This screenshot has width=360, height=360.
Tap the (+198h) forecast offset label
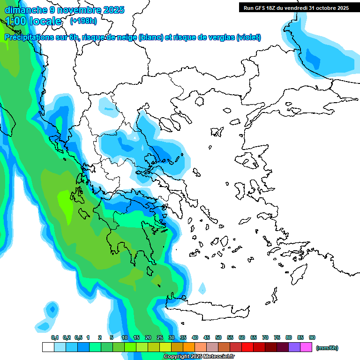point(83,21)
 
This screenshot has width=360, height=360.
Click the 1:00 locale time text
point(33,21)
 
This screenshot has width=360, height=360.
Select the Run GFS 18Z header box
point(296,8)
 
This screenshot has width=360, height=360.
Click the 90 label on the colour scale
point(312,337)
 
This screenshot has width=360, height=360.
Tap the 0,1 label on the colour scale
point(55,337)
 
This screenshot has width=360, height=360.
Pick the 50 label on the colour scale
point(218,337)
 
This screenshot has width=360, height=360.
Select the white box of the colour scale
point(48,347)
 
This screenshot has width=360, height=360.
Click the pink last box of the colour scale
point(307,347)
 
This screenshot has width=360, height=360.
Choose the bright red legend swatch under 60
point(247,347)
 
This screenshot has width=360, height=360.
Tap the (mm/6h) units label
point(327,348)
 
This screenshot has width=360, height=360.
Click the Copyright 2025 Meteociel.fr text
point(199,357)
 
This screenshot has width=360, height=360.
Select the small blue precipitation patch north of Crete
point(202,288)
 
